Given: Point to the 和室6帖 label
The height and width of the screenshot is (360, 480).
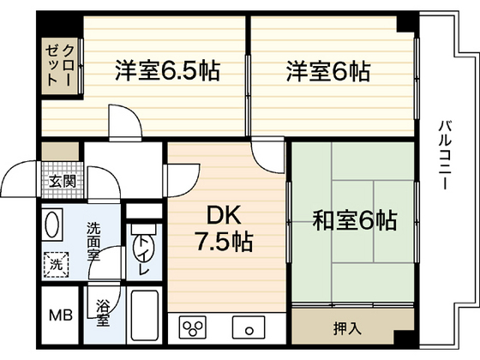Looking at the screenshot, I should coord(353,220).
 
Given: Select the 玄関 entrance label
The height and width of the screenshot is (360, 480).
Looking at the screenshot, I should coord(61,181).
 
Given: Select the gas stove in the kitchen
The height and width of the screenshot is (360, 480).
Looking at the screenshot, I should coord(193,328).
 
